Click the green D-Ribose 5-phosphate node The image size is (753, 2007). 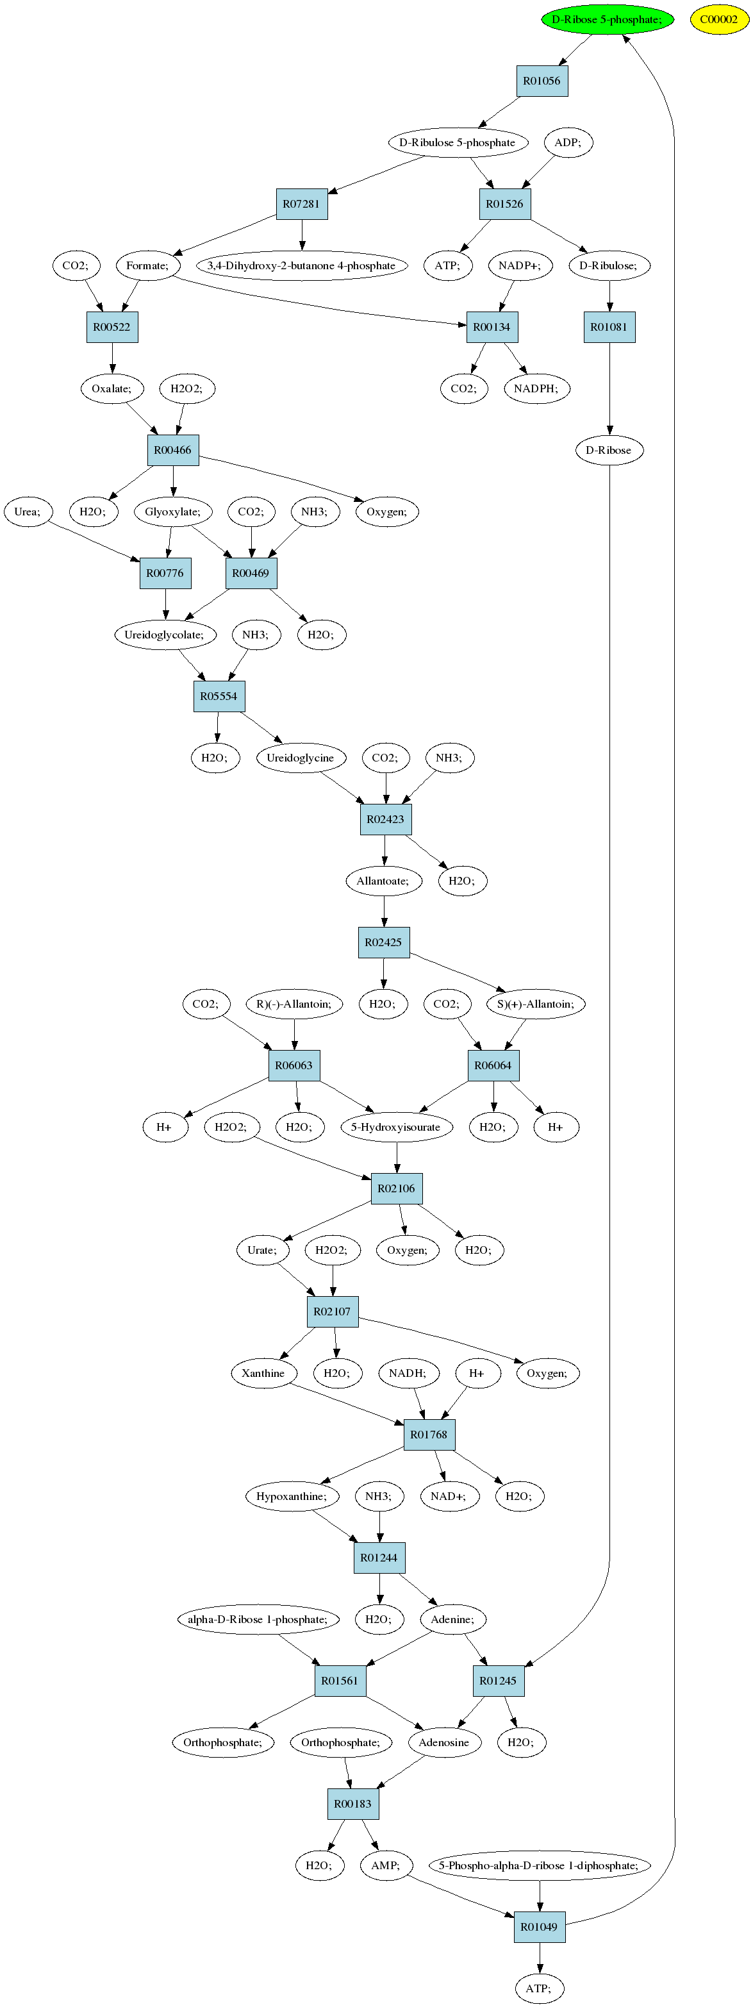coord(608,19)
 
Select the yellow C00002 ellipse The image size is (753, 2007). coord(719,19)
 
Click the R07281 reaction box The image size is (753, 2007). coord(301,204)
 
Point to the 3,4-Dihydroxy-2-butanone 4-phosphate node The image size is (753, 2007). coord(301,265)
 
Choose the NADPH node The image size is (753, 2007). coord(536,389)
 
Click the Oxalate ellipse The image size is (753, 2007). coord(112,389)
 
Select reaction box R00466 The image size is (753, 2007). coord(173,451)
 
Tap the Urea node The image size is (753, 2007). coord(28,512)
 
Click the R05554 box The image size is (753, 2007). coord(219,697)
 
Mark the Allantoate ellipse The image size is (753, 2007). coord(383,881)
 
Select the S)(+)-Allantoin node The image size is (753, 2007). coord(536,1004)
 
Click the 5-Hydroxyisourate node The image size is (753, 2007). coord(396,1128)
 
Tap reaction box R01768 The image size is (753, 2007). coord(429,1435)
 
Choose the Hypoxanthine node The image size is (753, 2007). coord(292,1497)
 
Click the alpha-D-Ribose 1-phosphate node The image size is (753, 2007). coord(258,1620)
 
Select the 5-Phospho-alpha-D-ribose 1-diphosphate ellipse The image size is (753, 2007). coord(540,1866)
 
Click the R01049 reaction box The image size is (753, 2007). coord(540,1928)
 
